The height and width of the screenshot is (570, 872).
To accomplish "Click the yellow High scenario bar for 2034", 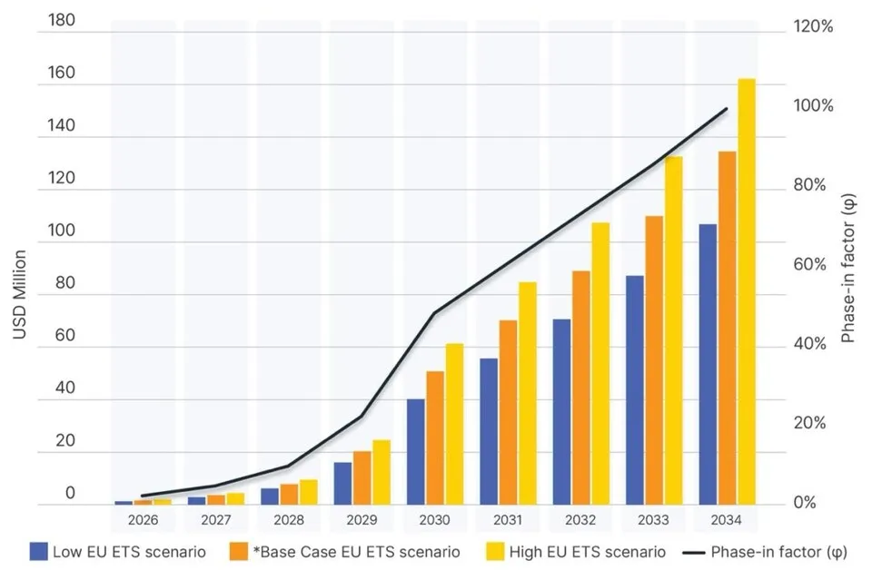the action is tap(747, 291).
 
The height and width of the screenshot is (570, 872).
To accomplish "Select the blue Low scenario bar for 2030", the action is tap(415, 452).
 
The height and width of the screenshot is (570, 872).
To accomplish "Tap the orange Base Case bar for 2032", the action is tap(581, 388).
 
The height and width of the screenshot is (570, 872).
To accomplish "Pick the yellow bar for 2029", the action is tap(381, 472).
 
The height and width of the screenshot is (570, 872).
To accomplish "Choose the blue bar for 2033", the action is tap(635, 390).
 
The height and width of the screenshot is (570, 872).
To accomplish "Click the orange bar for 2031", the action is tap(509, 412).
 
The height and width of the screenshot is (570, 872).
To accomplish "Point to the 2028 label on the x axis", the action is tap(289, 520).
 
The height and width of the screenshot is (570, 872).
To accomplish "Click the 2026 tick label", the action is tap(143, 520).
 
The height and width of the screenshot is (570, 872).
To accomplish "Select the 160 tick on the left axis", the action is tap(61, 73).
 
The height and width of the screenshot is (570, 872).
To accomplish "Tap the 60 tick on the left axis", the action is tap(65, 335).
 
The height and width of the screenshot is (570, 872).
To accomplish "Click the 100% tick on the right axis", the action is tap(813, 105).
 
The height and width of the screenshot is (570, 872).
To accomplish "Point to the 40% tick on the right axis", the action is tap(810, 344).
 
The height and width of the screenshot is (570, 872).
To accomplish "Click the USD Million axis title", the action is tap(19, 294).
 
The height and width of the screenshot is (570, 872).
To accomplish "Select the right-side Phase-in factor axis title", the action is tap(848, 268).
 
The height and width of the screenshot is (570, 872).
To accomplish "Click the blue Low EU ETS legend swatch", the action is tap(39, 552).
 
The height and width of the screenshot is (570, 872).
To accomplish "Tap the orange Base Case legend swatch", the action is tap(238, 552).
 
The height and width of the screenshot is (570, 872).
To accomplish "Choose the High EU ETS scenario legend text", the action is tap(588, 552).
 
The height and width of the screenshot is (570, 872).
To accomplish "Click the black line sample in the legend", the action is tap(693, 553).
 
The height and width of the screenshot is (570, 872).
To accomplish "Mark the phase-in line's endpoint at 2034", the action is tap(727, 109).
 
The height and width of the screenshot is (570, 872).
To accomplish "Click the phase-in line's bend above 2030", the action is tap(434, 313).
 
